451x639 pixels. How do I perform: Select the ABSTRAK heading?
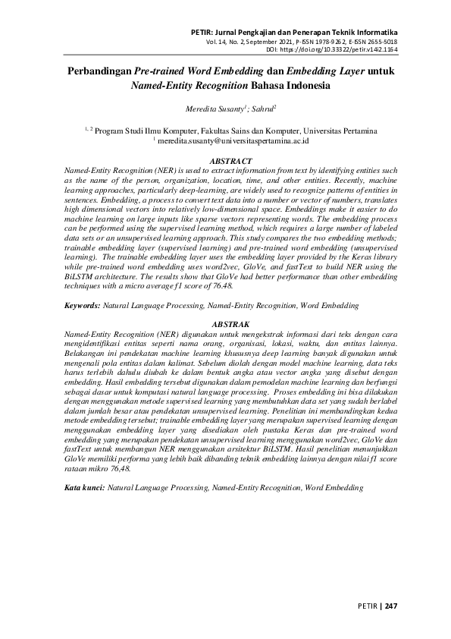(x=225, y=324)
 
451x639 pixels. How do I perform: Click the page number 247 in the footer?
(x=391, y=606)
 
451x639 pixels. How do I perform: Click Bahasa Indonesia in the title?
(x=293, y=86)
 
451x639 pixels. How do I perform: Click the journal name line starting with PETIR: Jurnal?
(x=296, y=33)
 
